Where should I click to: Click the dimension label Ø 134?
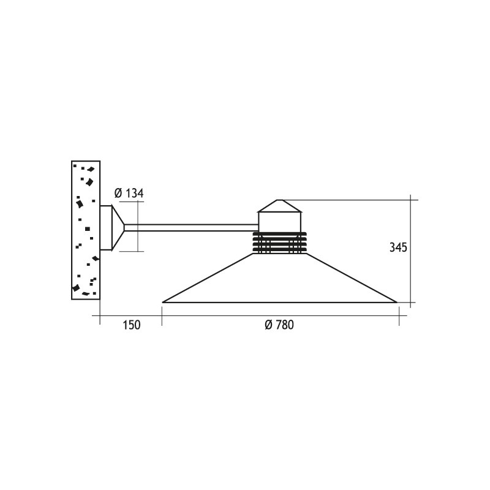coord(129,194)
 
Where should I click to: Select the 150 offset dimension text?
coord(131,325)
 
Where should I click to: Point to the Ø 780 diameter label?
coord(279,325)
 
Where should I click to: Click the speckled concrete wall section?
coord(86,230)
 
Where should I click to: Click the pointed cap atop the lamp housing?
coord(280,206)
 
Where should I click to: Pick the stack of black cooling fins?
coord(279,243)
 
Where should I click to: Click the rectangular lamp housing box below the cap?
coord(280,221)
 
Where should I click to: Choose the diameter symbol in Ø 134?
coord(118,194)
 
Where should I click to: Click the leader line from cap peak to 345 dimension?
coord(349,200)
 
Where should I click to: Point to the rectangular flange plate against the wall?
coord(105,228)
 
